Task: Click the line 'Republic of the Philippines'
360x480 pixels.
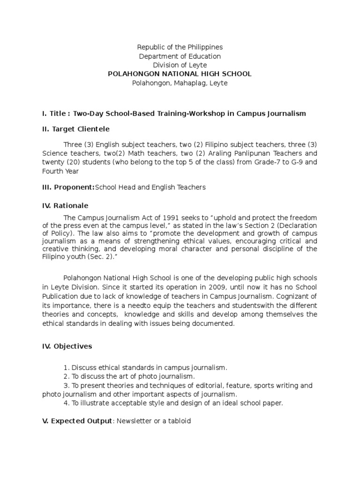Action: [180, 47]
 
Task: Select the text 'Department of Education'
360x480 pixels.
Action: [180, 56]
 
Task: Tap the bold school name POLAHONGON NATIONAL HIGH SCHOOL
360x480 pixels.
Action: [180, 74]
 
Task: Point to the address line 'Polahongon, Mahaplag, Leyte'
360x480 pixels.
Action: [180, 83]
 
